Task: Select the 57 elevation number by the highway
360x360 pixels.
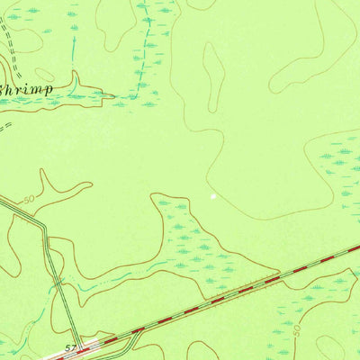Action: tap(70, 344)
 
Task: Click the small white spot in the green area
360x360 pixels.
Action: tap(213, 194)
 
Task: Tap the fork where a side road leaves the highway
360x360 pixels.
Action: tap(135, 332)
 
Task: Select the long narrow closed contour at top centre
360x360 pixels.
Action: tap(213, 76)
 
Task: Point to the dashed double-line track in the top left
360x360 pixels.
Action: tap(9, 36)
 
